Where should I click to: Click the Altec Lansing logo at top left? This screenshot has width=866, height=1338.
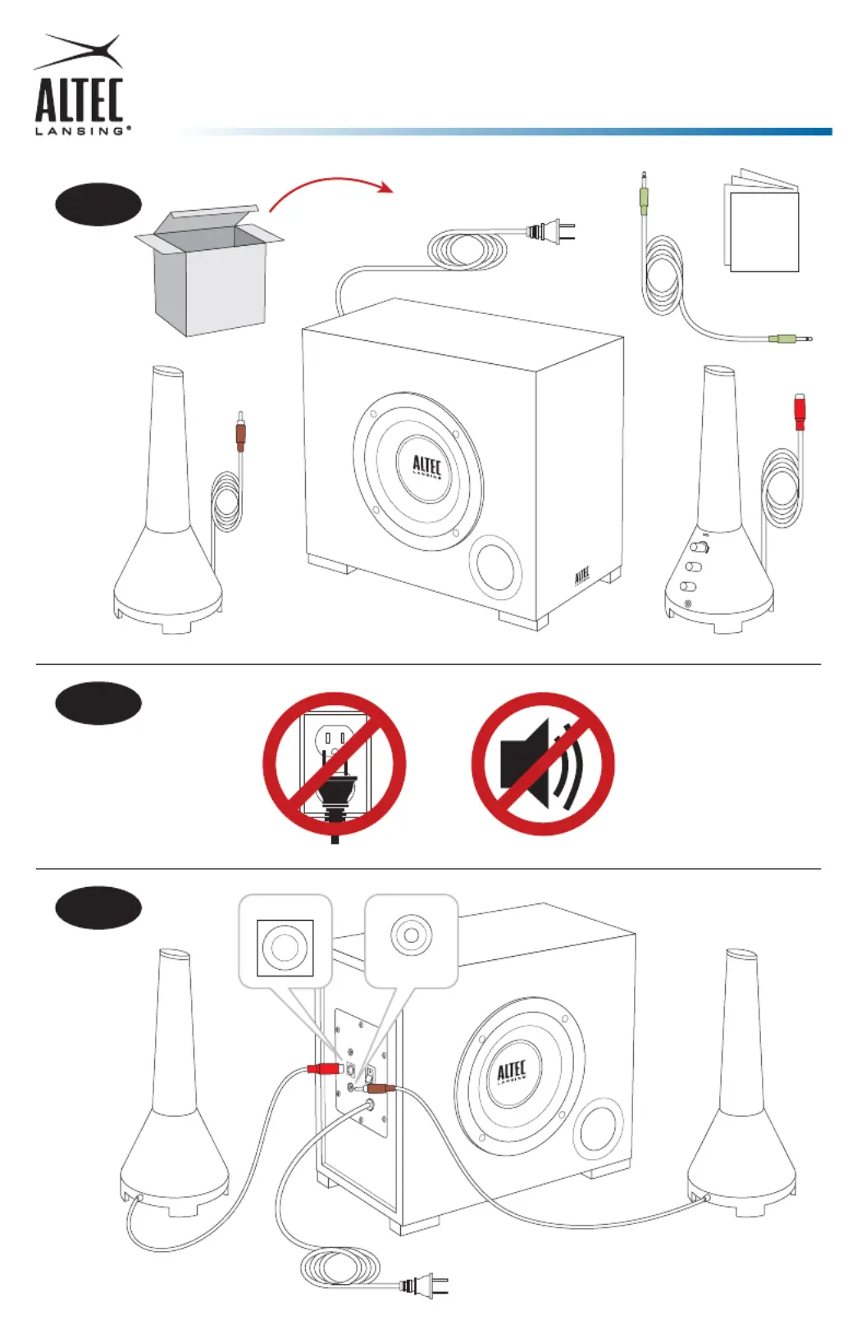(80, 86)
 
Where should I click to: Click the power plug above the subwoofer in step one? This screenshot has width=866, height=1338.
(551, 232)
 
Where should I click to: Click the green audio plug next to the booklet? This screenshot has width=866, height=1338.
(644, 197)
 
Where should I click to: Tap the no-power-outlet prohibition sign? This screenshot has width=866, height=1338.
(334, 763)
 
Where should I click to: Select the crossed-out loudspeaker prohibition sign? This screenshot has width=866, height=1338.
(543, 763)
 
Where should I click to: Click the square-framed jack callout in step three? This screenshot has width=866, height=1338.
(285, 948)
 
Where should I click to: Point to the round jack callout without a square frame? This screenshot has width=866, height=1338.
(411, 935)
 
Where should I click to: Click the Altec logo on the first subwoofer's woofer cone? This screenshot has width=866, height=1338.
(426, 467)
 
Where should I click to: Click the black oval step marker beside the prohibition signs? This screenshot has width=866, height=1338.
(98, 703)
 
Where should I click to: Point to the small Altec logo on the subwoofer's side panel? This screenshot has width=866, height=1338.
(581, 576)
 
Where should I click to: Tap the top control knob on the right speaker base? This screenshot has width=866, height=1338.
(700, 547)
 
